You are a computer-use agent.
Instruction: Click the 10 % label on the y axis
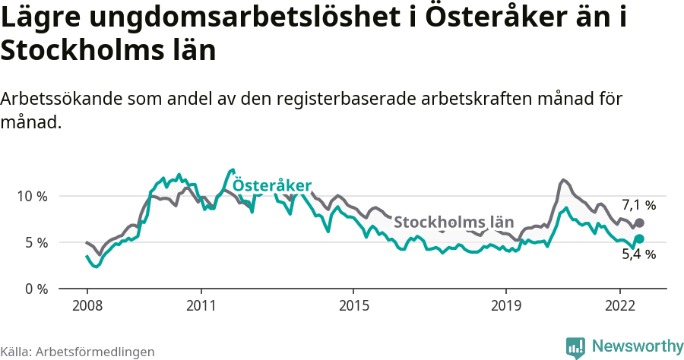(33, 196)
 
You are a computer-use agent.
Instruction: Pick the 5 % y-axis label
(36, 242)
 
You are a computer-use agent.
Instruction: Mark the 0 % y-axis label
(36, 289)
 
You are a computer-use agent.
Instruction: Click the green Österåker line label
(271, 186)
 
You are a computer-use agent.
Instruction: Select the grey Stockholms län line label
(454, 223)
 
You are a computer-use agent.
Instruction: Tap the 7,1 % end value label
(638, 205)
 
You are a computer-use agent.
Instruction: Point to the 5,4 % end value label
(638, 254)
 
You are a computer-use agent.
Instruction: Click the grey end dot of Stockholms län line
(639, 223)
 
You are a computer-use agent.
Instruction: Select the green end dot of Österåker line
(639, 238)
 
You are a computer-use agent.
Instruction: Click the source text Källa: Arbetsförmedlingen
(77, 352)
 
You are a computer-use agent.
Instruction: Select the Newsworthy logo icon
(575, 347)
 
